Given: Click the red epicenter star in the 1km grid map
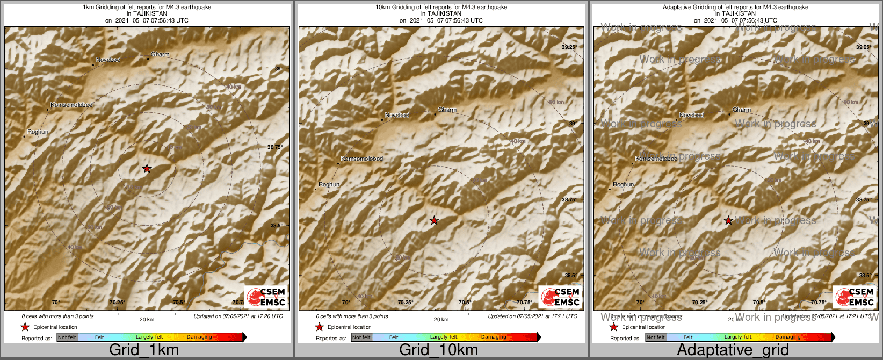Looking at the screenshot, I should (147, 169).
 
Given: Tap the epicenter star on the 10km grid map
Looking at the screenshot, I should (434, 220).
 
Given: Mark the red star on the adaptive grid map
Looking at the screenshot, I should (728, 220).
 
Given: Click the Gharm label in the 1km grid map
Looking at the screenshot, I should (160, 54).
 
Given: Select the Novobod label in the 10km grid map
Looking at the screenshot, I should (397, 115).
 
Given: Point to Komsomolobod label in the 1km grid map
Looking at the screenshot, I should (71, 105).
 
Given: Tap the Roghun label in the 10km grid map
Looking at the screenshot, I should (329, 184).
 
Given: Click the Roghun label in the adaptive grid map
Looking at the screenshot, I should (624, 184).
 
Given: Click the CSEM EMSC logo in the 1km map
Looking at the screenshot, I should (265, 297).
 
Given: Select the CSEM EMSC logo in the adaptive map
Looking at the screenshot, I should (854, 297).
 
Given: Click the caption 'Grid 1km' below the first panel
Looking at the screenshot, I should (144, 350).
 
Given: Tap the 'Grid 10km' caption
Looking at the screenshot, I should (438, 350).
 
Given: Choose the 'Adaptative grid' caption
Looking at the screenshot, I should (733, 350).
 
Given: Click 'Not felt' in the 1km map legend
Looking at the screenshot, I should (67, 337).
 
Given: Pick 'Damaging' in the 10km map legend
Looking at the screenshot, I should (494, 337).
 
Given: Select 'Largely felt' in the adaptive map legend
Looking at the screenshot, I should (738, 337).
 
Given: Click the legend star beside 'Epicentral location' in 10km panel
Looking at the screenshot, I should (320, 327).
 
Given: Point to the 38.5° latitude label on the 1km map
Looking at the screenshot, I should (276, 226).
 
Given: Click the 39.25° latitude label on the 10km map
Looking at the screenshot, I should (569, 47).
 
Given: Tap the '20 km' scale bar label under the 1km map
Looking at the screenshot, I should (147, 319).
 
